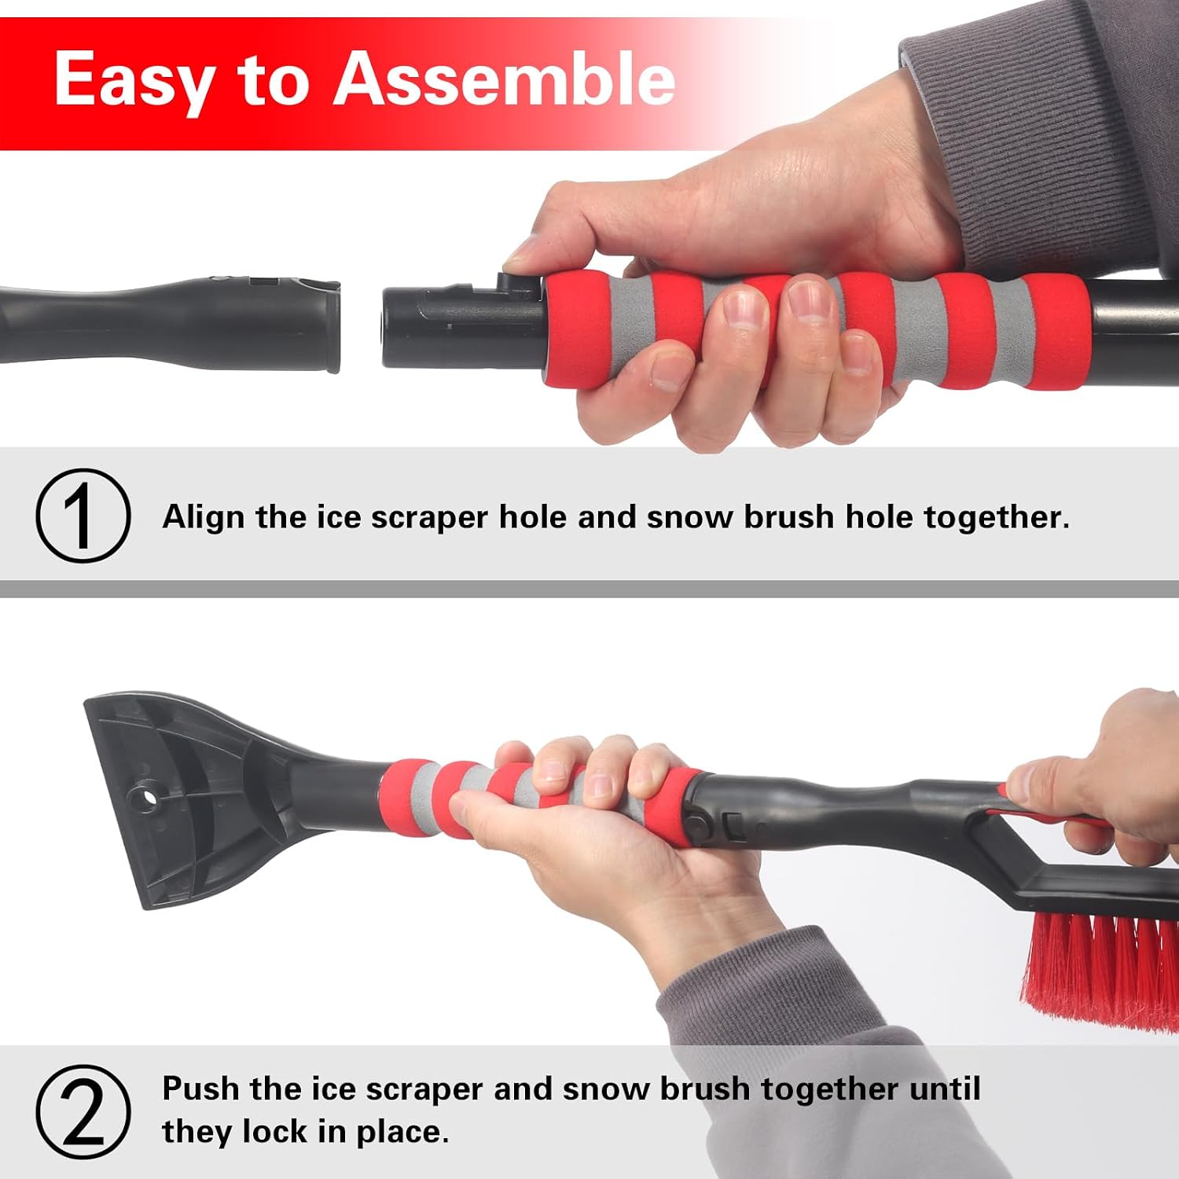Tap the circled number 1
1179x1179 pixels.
point(83,516)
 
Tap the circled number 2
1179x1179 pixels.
point(83,1111)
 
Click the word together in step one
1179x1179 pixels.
point(997,518)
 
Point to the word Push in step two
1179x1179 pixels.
point(201,1089)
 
